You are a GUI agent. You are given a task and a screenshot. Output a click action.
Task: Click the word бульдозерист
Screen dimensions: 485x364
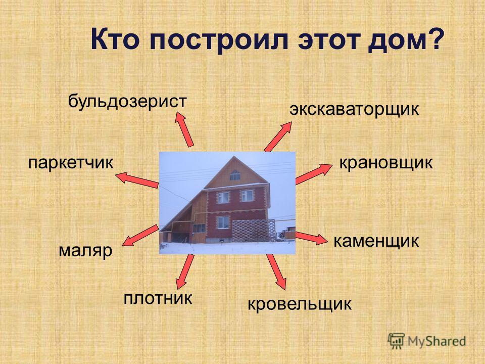pos(127,102)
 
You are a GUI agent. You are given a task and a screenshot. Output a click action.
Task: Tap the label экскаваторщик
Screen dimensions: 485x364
pos(354,109)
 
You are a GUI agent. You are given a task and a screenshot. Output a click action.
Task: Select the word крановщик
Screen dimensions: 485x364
pos(386,163)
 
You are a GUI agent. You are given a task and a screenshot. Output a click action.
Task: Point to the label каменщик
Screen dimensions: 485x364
pos(376,241)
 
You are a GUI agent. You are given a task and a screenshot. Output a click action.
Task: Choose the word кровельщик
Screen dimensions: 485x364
pos(300,304)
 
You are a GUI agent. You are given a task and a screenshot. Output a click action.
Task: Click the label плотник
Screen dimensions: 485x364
pos(158,298)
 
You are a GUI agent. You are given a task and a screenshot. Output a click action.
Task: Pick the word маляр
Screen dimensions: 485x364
pos(85,251)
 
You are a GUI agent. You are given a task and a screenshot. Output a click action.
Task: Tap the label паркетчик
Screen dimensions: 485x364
pos(71,163)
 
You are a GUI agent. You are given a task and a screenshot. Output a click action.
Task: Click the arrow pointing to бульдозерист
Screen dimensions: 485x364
pos(184,129)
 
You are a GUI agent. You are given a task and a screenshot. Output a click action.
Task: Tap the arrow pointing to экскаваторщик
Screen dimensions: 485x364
pos(278,136)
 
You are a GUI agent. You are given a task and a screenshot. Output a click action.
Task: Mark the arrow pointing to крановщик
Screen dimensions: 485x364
pos(314,174)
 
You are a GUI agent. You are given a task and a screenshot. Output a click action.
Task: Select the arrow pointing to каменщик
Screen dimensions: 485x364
pos(311,238)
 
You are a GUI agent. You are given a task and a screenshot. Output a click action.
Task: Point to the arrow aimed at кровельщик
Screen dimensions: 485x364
pos(276,272)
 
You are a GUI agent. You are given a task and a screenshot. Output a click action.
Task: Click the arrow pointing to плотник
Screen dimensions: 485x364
pos(185,272)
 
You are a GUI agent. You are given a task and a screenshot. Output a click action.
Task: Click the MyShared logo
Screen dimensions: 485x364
pos(427,341)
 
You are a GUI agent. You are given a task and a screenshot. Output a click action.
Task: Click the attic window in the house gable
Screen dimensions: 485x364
pos(235,175)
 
